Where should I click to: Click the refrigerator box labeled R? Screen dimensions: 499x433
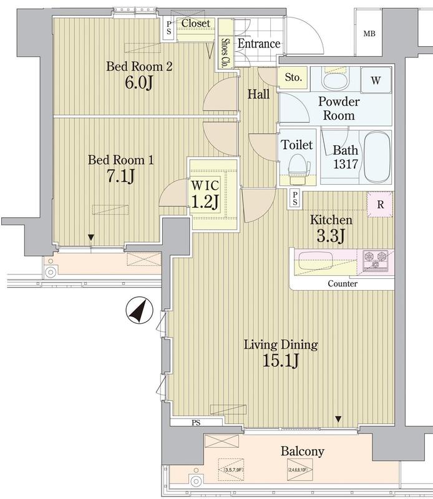pos(379,204)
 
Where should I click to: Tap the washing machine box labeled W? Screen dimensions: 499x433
pos(376,80)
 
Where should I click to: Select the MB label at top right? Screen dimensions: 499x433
pos(370,34)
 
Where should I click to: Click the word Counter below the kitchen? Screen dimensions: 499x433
pos(343,284)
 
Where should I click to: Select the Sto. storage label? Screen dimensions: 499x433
pos(293,78)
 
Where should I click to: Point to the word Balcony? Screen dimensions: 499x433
pos(301,451)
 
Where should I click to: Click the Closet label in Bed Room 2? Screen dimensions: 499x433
pos(196,24)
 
